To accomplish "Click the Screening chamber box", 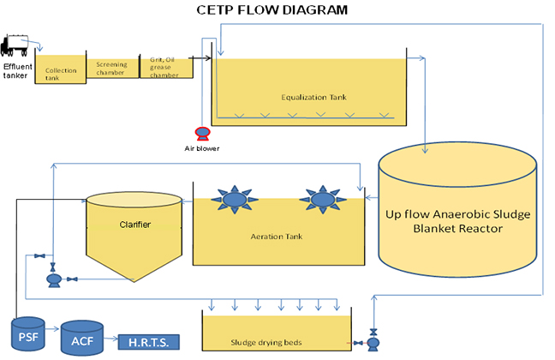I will click(112, 68).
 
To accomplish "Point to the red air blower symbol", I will click(202, 132).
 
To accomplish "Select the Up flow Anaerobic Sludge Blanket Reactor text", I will click(459, 221).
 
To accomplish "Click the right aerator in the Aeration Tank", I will click(322, 201).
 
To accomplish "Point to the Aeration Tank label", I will click(280, 235).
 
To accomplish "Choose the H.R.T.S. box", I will click(150, 343).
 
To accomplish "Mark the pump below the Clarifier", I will click(54, 279).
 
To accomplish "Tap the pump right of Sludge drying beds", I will click(373, 343).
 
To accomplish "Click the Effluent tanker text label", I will click(18, 69).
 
